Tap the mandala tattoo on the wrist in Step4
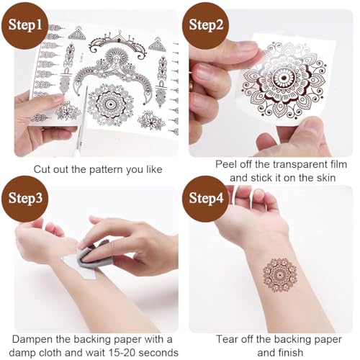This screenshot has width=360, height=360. pyautogui.click(x=279, y=274)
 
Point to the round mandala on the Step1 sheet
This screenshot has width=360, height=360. pyautogui.click(x=110, y=103)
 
